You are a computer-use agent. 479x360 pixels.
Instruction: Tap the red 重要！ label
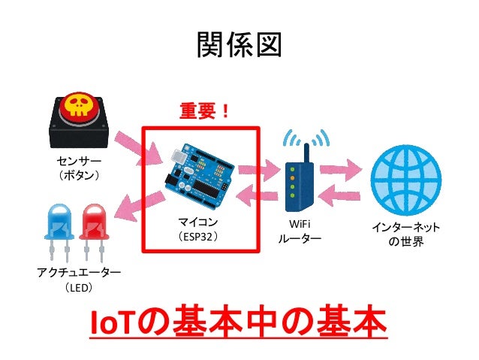point(203,111)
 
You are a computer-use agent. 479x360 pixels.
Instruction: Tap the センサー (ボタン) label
point(78,168)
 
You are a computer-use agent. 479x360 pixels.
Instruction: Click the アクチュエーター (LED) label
point(79,279)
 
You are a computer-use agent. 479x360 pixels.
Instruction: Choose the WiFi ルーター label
point(300,231)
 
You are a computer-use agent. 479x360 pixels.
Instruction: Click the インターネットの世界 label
point(406,234)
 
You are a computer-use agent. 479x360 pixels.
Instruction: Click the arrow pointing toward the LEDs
point(140,204)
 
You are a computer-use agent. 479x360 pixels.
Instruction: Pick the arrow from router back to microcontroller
point(258,197)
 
